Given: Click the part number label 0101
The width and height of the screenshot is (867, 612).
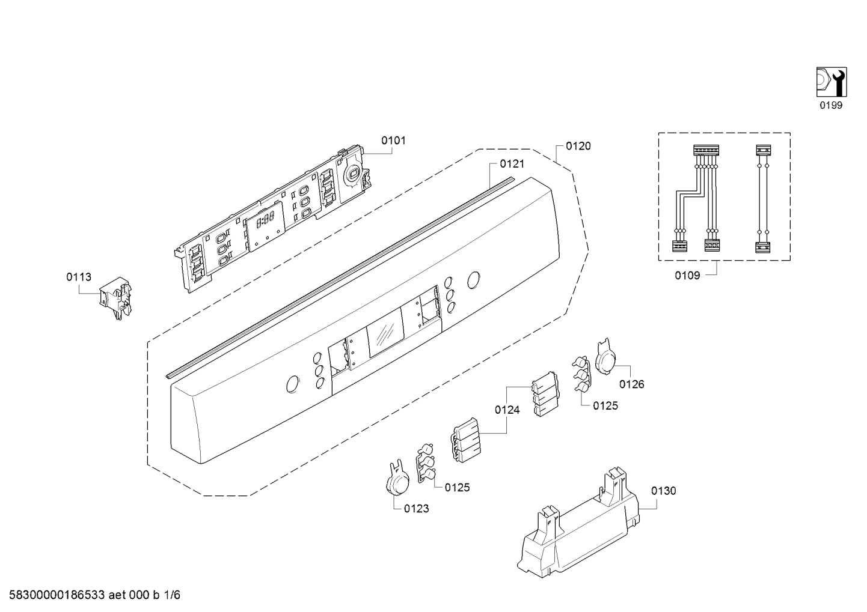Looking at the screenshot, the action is pos(393,141).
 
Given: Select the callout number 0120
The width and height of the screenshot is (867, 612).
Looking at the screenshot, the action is pos(578,146).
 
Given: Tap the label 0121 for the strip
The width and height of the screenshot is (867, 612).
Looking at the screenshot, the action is pos(512,164).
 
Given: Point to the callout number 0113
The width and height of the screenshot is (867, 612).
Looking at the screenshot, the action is pos(79,277).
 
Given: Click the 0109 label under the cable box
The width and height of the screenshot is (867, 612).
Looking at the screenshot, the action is pos(687,275).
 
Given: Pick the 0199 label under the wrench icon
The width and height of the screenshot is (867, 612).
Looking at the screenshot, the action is pos(831,105).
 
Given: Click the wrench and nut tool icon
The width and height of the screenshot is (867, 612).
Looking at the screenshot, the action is pos(832,82).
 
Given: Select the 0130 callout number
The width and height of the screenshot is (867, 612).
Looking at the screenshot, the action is pos(663,491).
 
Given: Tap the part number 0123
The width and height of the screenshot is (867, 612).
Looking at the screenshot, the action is pos(417,509).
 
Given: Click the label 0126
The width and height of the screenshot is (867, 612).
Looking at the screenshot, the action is pos(632,384).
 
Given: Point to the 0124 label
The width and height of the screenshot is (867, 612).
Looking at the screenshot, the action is pos(507,410).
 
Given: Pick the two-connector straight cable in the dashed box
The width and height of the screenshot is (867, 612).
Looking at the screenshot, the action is pos(763,199).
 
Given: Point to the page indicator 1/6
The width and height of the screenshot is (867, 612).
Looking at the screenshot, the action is pos(172,595).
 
